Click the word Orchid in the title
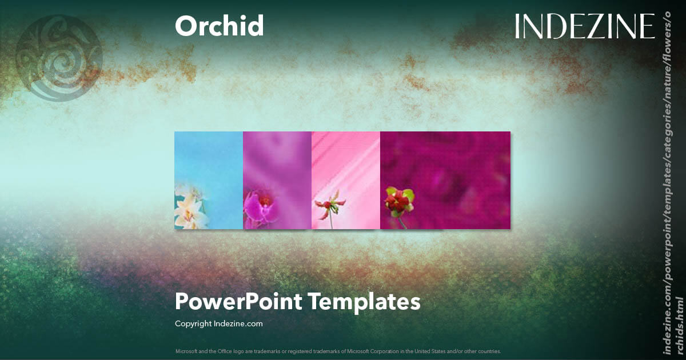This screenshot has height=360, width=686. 219,26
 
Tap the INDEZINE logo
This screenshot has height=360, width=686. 584,27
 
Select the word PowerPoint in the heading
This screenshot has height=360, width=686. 239,301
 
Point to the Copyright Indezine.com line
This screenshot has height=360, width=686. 218,323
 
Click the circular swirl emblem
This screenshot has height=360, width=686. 59,58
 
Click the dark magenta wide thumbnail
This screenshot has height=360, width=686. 457,171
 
